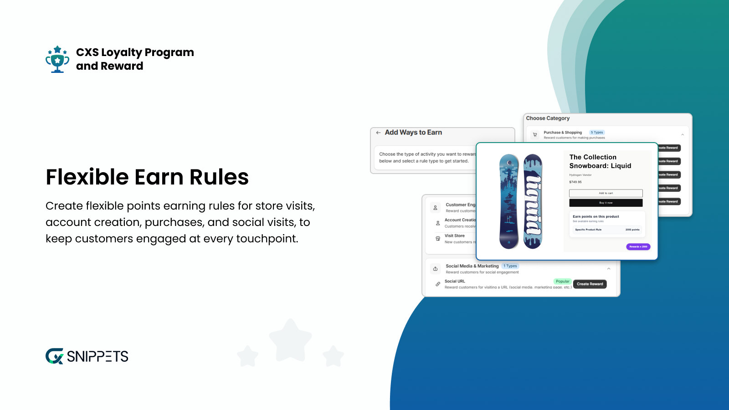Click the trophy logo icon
[57, 59]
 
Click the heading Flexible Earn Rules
[147, 177]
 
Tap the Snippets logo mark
[55, 356]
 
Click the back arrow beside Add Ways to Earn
[378, 133]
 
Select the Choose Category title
[548, 118]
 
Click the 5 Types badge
[597, 133]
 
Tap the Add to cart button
[606, 193]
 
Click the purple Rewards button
[638, 246]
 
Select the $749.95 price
[575, 182]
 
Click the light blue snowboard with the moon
[509, 201]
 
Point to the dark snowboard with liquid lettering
[533, 201]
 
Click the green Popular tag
[562, 282]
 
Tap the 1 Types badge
[510, 266]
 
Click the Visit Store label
[455, 236]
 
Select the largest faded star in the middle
[290, 340]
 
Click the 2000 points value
[632, 230]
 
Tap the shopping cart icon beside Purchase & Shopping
[535, 135]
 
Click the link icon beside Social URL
[438, 284]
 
